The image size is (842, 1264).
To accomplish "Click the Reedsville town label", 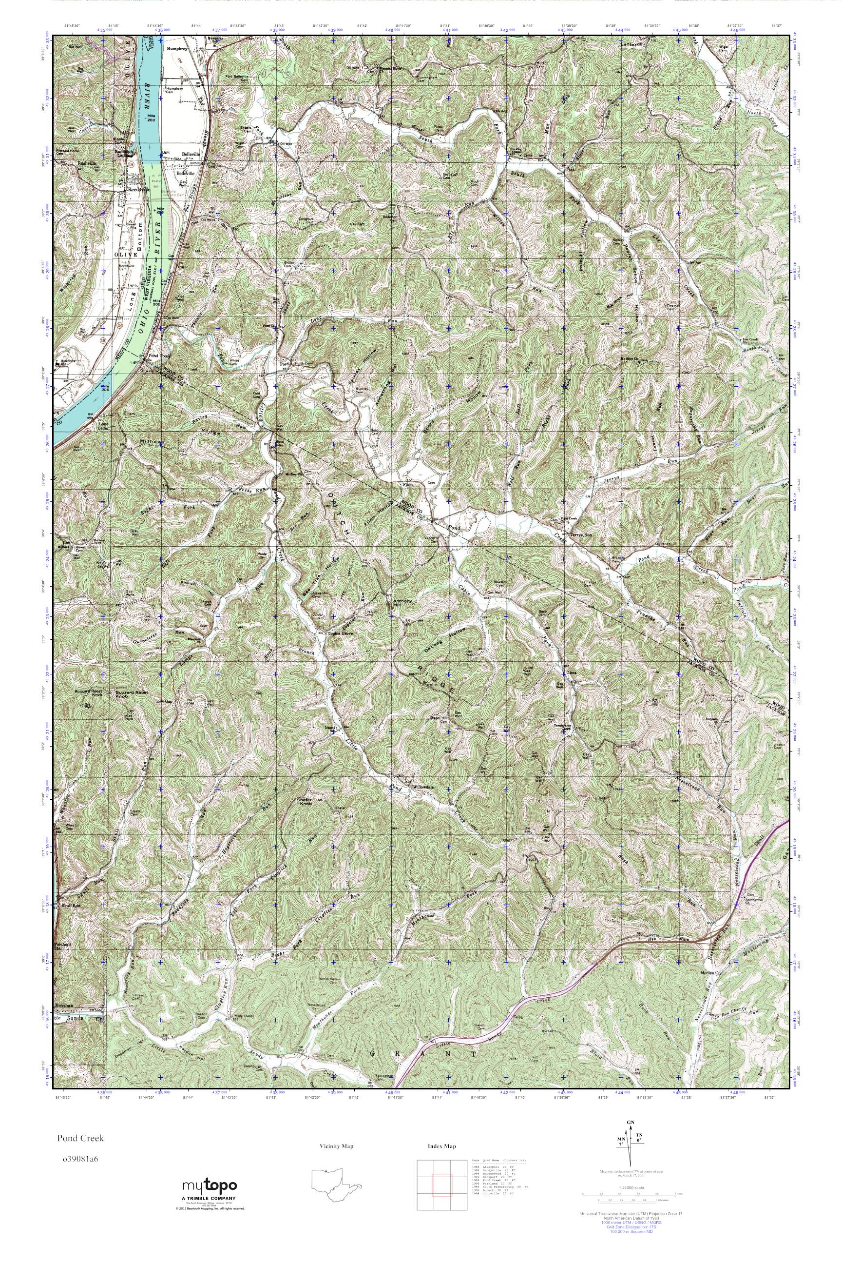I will coord(137,190).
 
